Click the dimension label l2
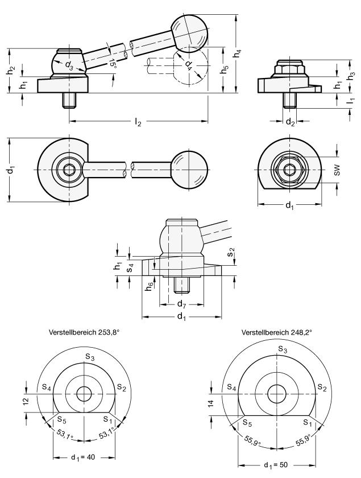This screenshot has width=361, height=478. tap(138, 122)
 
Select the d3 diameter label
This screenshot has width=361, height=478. tap(69, 65)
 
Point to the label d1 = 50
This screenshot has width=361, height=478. tap(277, 464)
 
